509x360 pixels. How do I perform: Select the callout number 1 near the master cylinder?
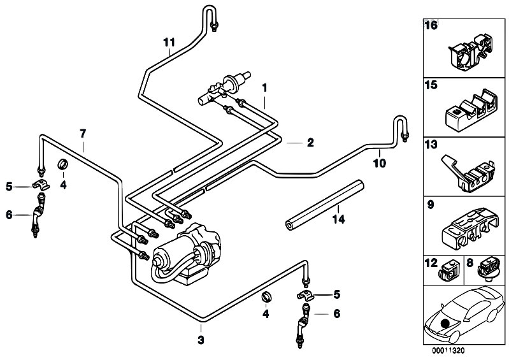[265, 87]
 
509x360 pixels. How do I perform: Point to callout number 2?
[310, 144]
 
